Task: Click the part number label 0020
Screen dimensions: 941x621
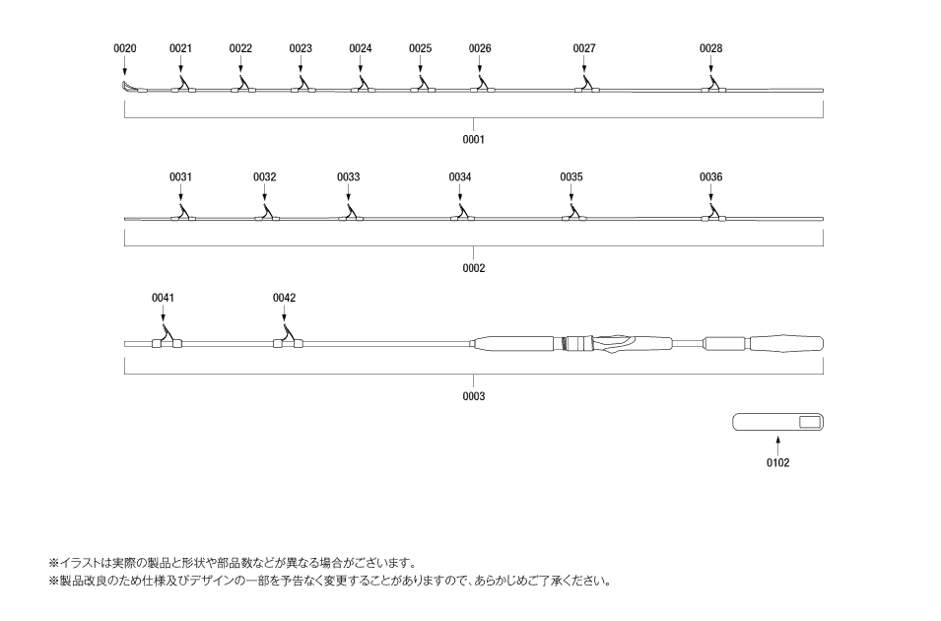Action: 125,48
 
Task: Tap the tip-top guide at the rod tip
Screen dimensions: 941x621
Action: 130,88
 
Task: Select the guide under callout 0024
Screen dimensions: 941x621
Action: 363,86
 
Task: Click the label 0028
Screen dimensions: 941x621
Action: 710,48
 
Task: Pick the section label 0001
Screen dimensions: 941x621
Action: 473,139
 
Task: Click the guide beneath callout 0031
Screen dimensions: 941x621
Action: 182,213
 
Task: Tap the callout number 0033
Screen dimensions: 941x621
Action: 348,177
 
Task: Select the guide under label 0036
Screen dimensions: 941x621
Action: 713,213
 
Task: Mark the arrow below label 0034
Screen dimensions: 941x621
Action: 460,193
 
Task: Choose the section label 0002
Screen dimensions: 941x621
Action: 473,268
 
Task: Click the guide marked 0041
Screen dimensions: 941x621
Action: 167,337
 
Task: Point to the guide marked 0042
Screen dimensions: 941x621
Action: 288,337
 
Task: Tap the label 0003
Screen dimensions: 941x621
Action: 473,396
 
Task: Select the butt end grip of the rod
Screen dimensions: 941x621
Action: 786,344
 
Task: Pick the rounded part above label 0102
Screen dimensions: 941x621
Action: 777,422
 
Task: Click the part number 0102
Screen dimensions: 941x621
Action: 777,463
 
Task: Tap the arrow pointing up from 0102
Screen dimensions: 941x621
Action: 777,445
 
